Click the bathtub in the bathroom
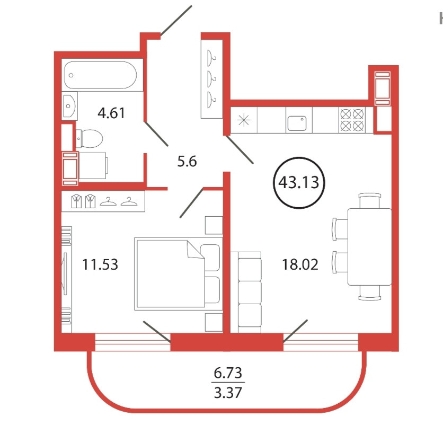click(100, 75)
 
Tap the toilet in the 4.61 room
click(89, 138)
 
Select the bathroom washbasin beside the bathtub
click(69, 106)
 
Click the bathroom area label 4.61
click(111, 113)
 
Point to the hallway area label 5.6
click(187, 162)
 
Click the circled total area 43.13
click(299, 182)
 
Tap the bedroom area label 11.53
click(100, 264)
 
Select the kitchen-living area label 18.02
click(300, 264)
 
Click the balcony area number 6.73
click(228, 373)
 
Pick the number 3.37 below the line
click(228, 393)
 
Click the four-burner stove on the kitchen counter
click(352, 120)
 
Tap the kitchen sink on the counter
click(297, 123)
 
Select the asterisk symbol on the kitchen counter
click(244, 120)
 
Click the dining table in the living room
click(369, 247)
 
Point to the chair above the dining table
click(370, 201)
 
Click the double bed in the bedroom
click(179, 274)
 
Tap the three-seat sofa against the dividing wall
click(246, 292)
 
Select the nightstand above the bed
click(214, 225)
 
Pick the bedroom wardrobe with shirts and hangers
click(103, 201)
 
